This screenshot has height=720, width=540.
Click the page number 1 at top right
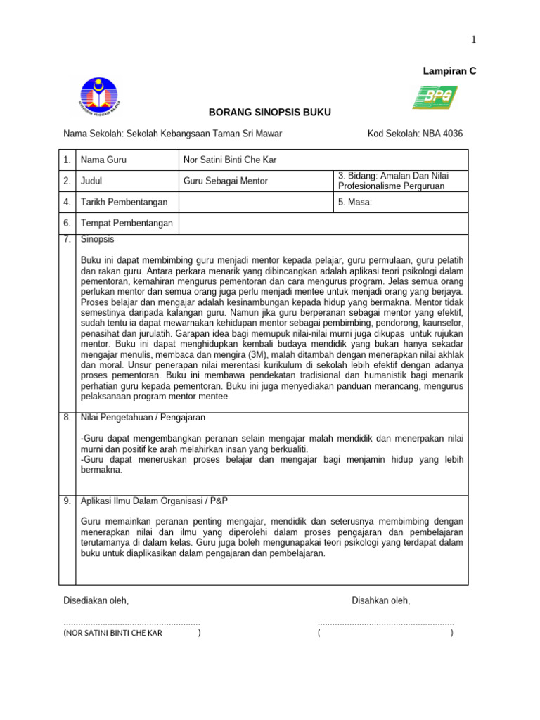tap(474, 40)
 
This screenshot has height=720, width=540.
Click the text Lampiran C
tap(449, 72)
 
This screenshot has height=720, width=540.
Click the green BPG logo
tap(435, 98)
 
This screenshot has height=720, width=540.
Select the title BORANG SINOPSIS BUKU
tap(269, 112)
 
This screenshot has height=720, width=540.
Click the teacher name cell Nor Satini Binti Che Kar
tap(229, 160)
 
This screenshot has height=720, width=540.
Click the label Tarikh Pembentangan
tap(124, 202)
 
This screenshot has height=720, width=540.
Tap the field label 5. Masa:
tap(355, 202)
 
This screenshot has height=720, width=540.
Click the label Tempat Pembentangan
tap(127, 224)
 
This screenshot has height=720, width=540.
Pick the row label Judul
tap(92, 181)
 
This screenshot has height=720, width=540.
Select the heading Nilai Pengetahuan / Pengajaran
tap(143, 418)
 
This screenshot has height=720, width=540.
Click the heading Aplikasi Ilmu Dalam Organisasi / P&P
tap(154, 501)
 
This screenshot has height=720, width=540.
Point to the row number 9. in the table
tap(67, 501)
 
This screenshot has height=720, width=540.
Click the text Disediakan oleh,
tap(96, 600)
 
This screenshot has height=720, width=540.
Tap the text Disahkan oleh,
tap(380, 600)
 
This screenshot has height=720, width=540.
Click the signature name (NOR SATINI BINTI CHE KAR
tap(112, 633)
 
